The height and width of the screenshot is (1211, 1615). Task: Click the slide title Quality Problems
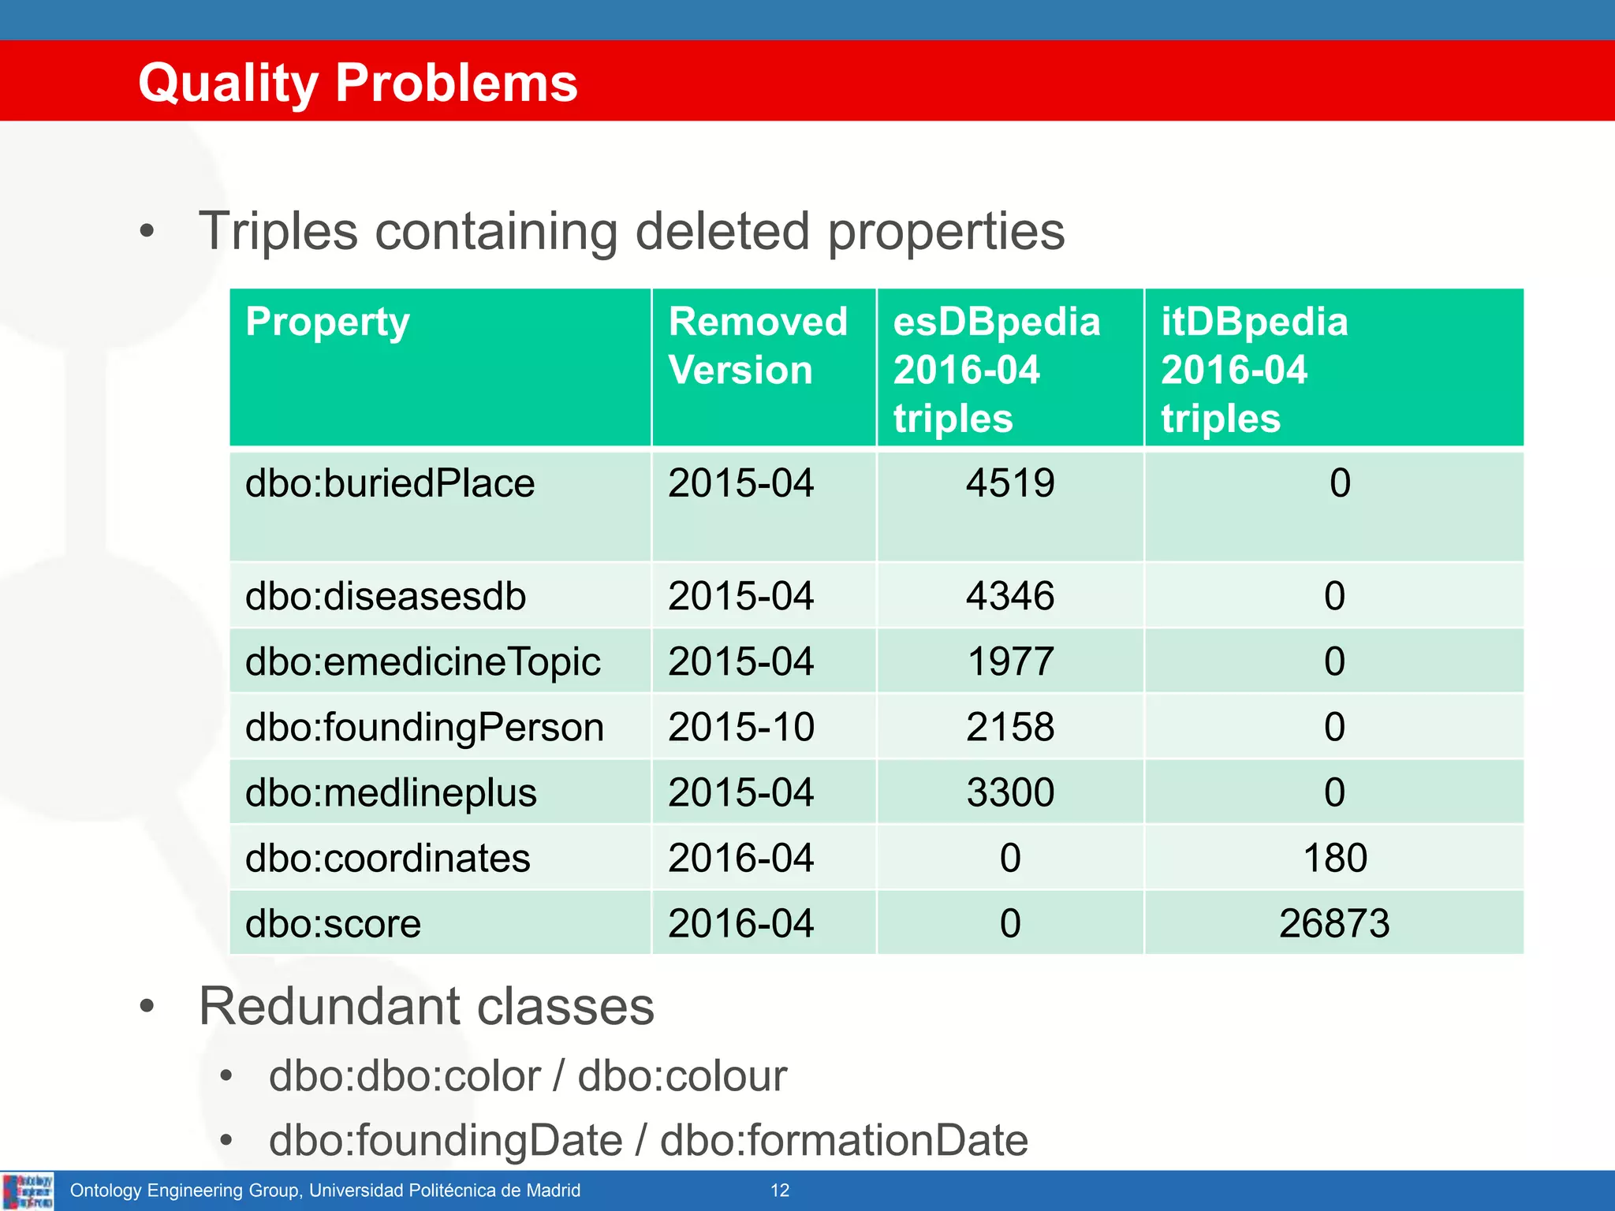(x=357, y=83)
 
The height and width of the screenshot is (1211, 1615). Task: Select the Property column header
(x=327, y=322)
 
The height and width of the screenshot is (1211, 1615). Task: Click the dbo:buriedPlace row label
(x=390, y=483)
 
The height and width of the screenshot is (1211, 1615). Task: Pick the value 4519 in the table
(x=1009, y=483)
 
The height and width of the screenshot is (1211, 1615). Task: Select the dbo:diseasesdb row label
(x=385, y=596)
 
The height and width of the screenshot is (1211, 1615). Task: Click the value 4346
(x=1009, y=596)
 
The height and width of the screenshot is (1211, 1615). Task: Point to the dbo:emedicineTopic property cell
(x=423, y=661)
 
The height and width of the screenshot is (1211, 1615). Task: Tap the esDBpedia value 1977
(x=1009, y=661)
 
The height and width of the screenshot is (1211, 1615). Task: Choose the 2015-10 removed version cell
(x=740, y=727)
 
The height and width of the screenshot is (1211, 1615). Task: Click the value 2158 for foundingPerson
(x=1009, y=727)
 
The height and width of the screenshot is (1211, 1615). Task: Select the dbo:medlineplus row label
(x=390, y=792)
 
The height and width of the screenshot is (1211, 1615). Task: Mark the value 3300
(x=1009, y=792)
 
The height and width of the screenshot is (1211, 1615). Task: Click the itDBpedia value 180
(x=1334, y=858)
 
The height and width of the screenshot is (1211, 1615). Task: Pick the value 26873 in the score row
(x=1334, y=923)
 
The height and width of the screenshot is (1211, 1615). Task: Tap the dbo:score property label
(x=333, y=923)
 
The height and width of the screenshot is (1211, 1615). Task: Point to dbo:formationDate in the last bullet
(x=844, y=1141)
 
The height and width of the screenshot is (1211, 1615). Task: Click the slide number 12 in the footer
(x=780, y=1191)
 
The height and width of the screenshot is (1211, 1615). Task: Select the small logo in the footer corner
(x=28, y=1191)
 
